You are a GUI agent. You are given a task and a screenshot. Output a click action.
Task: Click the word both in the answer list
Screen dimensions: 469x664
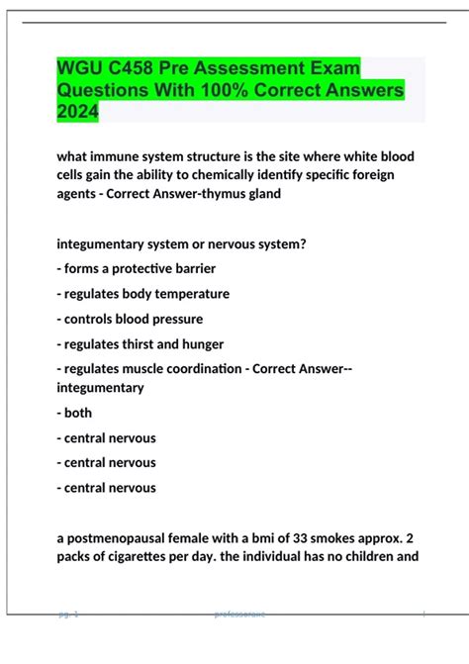point(78,413)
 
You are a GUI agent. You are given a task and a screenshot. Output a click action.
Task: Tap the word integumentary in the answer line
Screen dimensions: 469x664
point(101,387)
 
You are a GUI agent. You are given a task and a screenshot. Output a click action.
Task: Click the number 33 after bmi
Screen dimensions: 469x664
point(298,537)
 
